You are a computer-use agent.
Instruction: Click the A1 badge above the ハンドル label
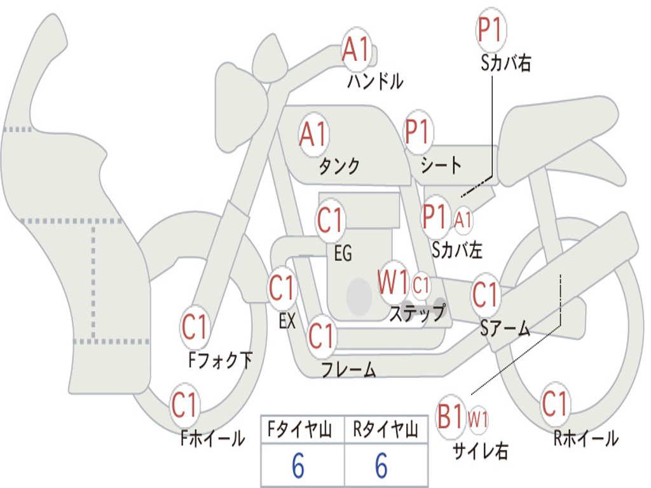coord(357,50)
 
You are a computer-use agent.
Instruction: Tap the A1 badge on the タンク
coord(313,134)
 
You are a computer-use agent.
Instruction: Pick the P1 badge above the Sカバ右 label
coord(491,30)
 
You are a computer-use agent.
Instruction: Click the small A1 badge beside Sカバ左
coord(463,219)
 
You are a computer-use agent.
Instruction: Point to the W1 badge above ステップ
coord(393,283)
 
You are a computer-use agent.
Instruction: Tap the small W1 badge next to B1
coord(478,419)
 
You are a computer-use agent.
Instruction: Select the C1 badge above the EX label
coord(282,288)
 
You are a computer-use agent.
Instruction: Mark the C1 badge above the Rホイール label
coord(555,403)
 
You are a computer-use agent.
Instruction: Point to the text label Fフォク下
coord(221,360)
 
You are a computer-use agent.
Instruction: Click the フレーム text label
coord(348,369)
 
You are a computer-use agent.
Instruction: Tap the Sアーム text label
coord(505,329)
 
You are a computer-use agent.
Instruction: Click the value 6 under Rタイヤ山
coord(381,466)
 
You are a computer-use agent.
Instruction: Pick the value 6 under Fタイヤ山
coord(298,466)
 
